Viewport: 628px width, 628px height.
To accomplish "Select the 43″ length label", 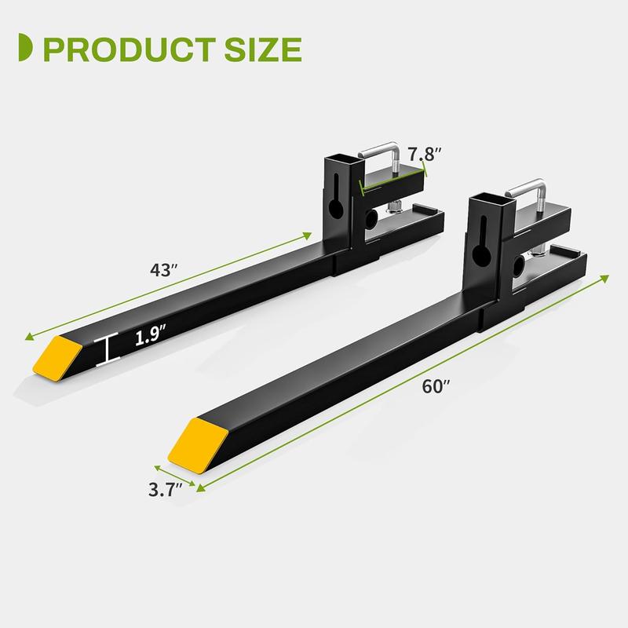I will (164, 268).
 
